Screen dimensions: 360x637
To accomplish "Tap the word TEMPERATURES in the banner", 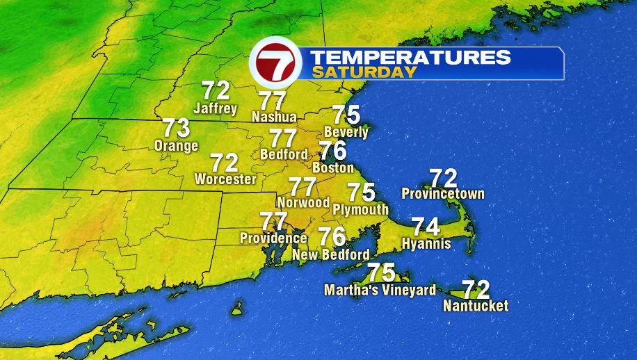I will pyautogui.click(x=410, y=58).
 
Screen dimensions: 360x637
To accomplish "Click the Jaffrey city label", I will pyautogui.click(x=216, y=108).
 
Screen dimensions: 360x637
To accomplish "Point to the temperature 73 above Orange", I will pyautogui.click(x=176, y=129).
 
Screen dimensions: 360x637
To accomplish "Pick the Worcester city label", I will pyautogui.click(x=225, y=179).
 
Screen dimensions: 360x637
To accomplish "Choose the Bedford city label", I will pyautogui.click(x=284, y=154).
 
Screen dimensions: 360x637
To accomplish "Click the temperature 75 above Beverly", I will pyautogui.click(x=346, y=115).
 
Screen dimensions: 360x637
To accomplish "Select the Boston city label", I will pyautogui.click(x=333, y=168).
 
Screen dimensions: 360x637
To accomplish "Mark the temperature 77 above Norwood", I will pyautogui.click(x=303, y=187).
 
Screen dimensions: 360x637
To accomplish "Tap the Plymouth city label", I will pyautogui.click(x=360, y=209).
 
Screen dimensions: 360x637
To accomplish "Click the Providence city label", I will pyautogui.click(x=273, y=238).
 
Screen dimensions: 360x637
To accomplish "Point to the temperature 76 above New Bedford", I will pyautogui.click(x=332, y=237).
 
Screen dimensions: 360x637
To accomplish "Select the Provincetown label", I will pyautogui.click(x=443, y=194).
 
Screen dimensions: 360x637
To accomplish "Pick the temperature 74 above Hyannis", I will pyautogui.click(x=426, y=227).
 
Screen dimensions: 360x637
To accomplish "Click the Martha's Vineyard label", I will pyautogui.click(x=380, y=290).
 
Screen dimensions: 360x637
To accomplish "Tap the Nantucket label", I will pyautogui.click(x=476, y=306).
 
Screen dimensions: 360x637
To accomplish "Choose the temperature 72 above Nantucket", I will pyautogui.click(x=476, y=288).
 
